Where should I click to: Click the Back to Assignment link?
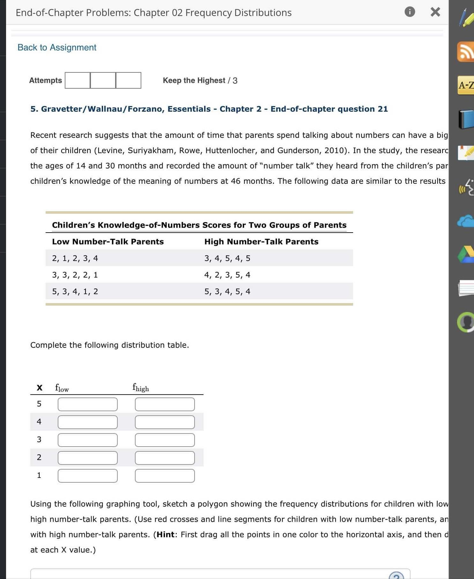[x=57, y=48]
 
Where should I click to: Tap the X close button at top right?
[x=435, y=12]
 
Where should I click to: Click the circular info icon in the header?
[x=410, y=12]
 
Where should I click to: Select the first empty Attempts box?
[x=78, y=80]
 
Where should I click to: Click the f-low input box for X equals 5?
[x=87, y=404]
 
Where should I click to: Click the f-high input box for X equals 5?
[x=165, y=404]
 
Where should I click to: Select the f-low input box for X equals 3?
[x=87, y=440]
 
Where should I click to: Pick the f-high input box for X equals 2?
[x=165, y=458]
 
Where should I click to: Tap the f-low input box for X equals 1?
[x=87, y=476]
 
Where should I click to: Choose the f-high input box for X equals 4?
[x=165, y=422]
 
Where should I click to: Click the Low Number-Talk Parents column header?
[x=108, y=241]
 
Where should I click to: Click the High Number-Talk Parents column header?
[x=261, y=241]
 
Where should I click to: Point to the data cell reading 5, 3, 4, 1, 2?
[x=75, y=291]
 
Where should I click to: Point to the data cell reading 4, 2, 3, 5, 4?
[x=227, y=275]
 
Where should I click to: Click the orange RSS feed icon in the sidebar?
[x=466, y=52]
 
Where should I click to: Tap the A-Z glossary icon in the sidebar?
[x=466, y=85]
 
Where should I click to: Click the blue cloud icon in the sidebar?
[x=466, y=221]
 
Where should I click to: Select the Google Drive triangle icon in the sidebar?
[x=466, y=254]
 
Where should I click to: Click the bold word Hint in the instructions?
[x=165, y=534]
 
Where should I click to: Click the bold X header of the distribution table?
[x=40, y=388]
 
